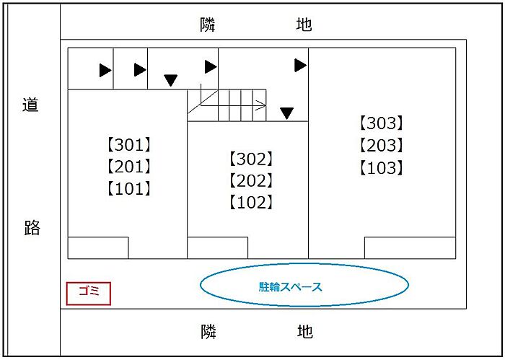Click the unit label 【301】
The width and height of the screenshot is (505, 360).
pyautogui.click(x=129, y=145)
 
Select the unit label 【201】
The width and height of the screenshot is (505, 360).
pyautogui.click(x=129, y=167)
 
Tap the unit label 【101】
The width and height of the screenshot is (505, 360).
pyautogui.click(x=129, y=189)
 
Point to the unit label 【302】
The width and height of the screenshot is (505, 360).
pyautogui.click(x=251, y=159)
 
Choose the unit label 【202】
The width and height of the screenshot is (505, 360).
pyautogui.click(x=251, y=180)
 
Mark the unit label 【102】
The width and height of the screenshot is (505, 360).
pyautogui.click(x=251, y=203)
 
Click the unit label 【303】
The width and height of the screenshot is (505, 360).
pyautogui.click(x=382, y=123)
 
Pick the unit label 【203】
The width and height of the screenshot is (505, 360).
pyautogui.click(x=382, y=146)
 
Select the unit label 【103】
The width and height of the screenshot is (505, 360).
pyautogui.click(x=382, y=168)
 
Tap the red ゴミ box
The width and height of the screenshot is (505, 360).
pyautogui.click(x=89, y=294)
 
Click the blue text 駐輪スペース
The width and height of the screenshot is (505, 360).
pyautogui.click(x=291, y=286)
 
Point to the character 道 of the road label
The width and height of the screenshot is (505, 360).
pyautogui.click(x=30, y=105)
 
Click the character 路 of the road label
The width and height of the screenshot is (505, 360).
pyautogui.click(x=32, y=228)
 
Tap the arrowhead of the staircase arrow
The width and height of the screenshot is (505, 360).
pyautogui.click(x=261, y=105)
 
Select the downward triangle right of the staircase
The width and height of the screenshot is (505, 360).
pyautogui.click(x=286, y=113)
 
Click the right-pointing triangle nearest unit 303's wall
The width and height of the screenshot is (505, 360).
pyautogui.click(x=300, y=66)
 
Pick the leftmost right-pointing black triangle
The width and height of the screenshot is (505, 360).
pyautogui.click(x=105, y=71)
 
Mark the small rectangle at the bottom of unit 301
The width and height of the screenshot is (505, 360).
pyautogui.click(x=98, y=248)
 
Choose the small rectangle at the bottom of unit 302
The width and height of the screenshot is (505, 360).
pyautogui.click(x=218, y=248)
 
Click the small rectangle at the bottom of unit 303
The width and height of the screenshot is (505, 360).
pyautogui.click(x=410, y=248)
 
